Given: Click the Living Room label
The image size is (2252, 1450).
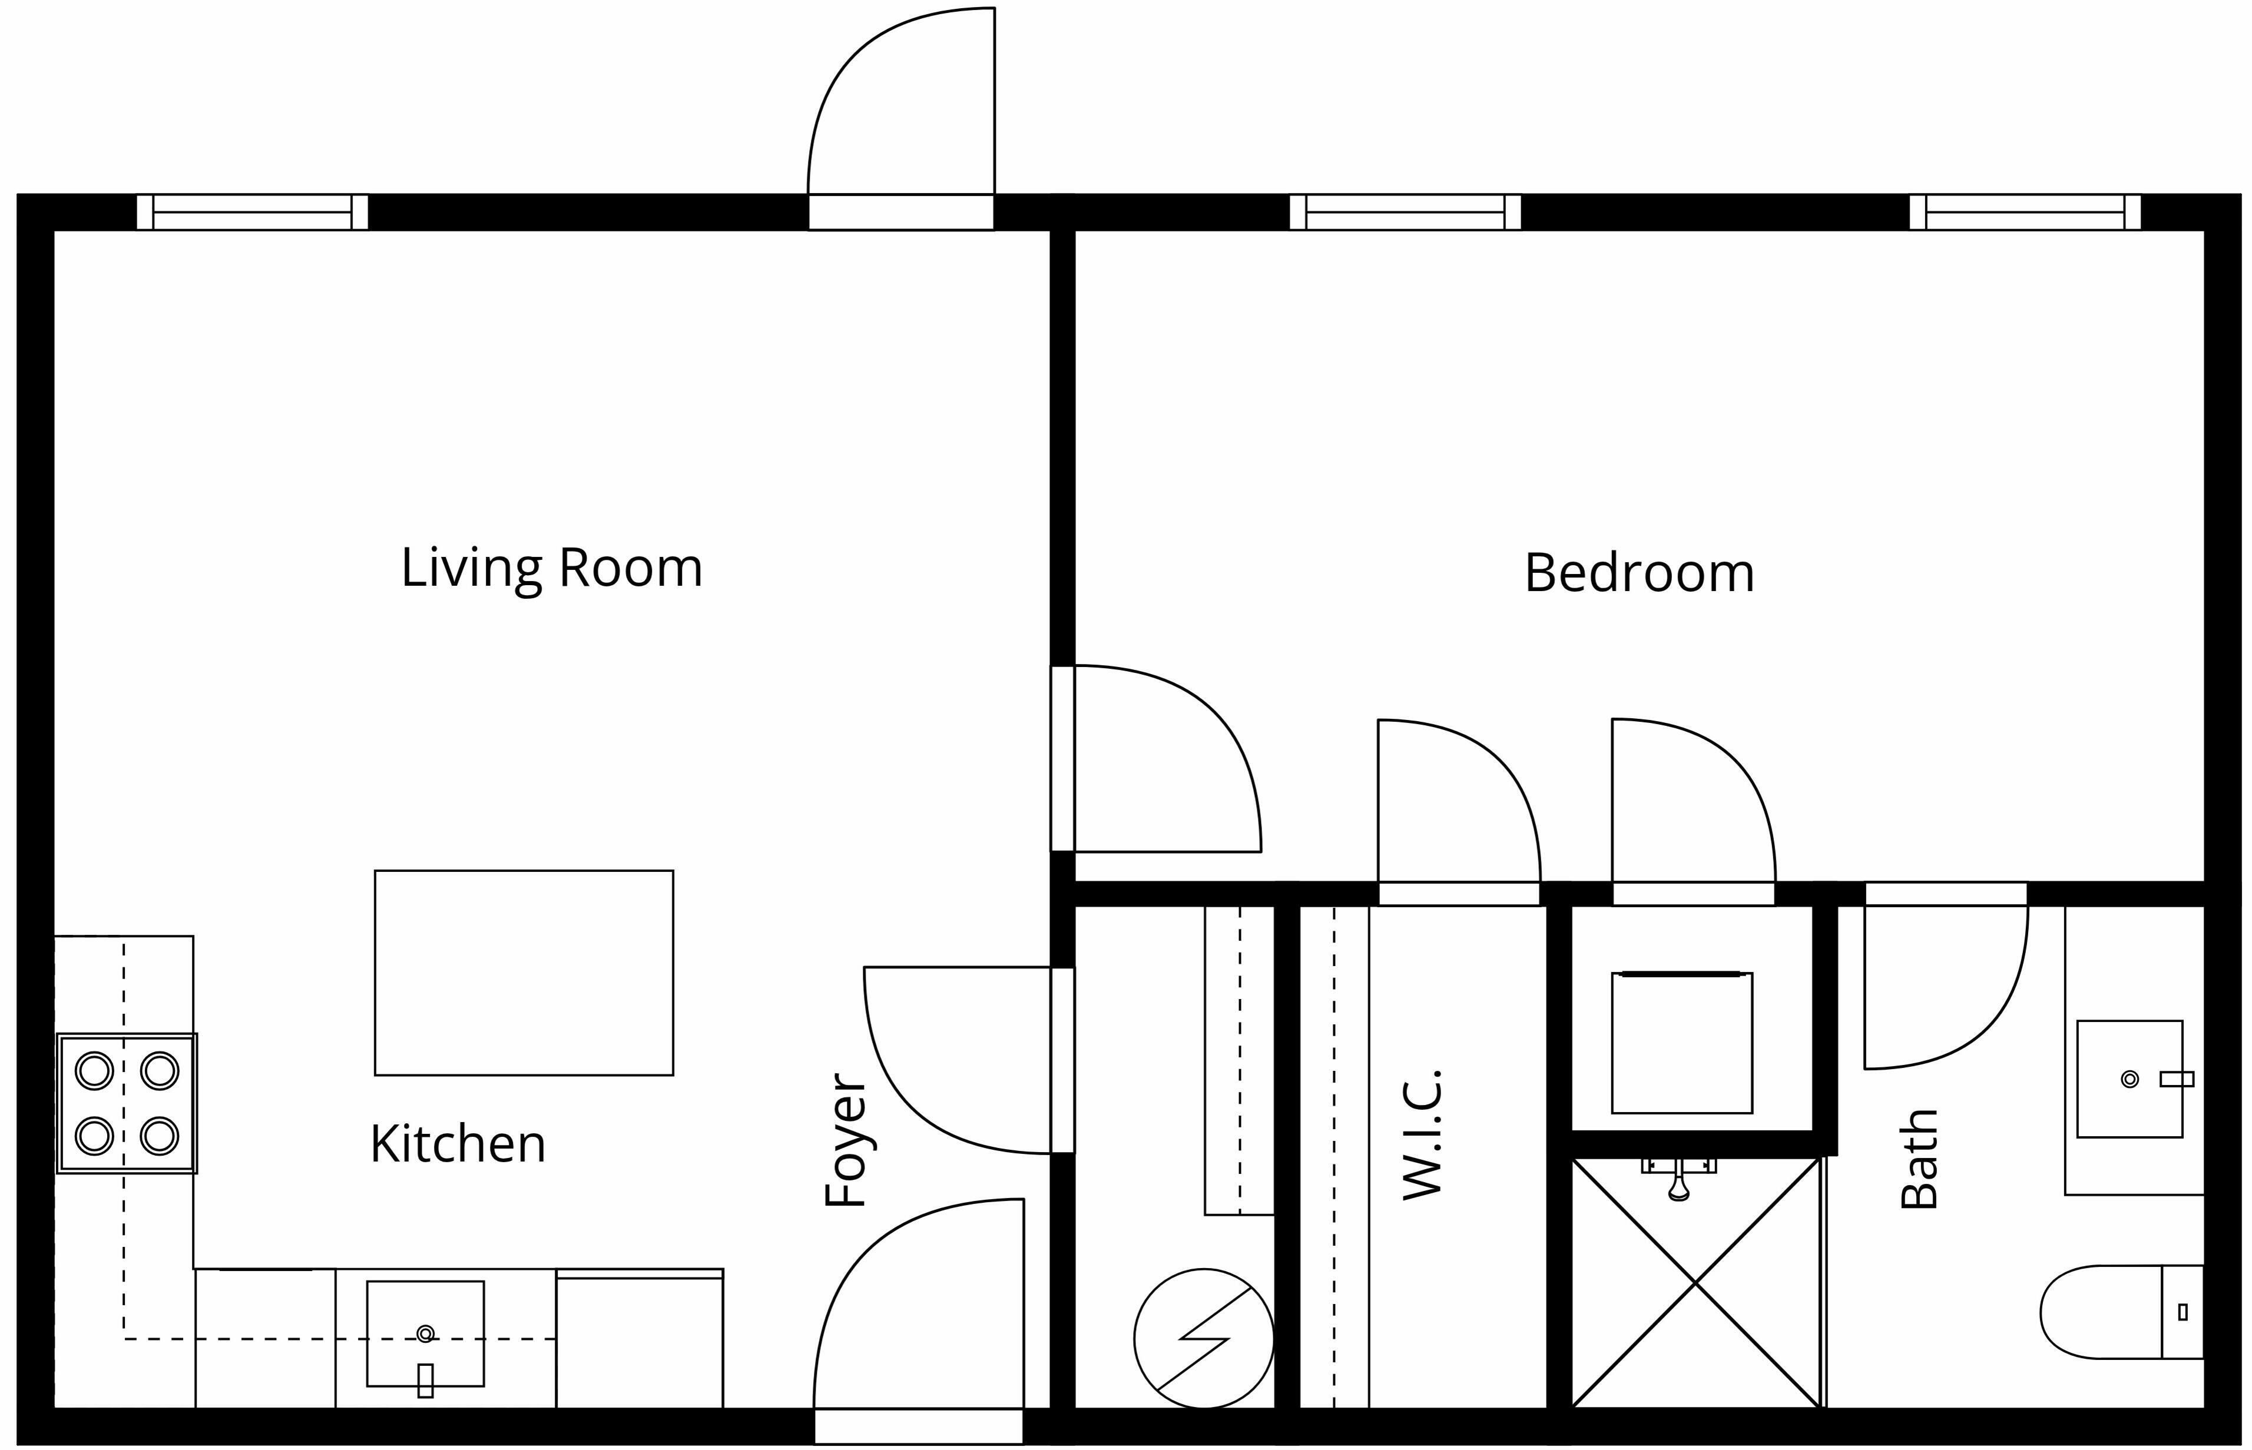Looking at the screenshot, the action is coord(552,569).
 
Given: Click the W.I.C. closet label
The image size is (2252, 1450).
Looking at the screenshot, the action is coord(1422,1134).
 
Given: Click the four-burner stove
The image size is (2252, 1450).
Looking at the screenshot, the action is coord(127,1103).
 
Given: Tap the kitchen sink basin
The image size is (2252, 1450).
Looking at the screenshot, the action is coord(426,1333).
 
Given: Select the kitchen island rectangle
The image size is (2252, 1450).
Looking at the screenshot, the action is coord(524,973).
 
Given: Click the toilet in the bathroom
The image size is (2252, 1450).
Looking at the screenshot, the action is coord(2122,1312).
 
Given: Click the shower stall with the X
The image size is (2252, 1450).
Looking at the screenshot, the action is coord(1695,1282).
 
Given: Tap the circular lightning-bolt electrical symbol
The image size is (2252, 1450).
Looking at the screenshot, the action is coord(1204,1338).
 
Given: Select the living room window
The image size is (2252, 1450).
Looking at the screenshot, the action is coord(253,212).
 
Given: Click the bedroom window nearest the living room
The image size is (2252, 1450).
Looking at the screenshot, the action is coord(1405,212).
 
